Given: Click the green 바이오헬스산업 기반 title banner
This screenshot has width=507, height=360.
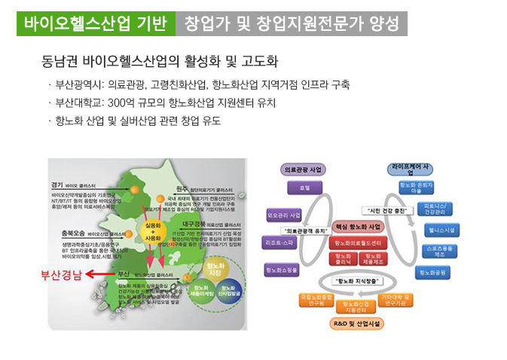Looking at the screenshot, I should [x=95, y=23].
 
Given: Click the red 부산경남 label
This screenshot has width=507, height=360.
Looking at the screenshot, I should [x=62, y=274].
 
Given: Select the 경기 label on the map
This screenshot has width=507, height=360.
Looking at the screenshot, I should [x=57, y=185].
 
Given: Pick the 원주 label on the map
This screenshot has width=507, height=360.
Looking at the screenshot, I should [x=181, y=188].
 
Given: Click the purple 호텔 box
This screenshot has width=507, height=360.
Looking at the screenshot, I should [x=304, y=188].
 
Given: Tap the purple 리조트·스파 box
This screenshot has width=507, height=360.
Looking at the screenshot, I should [x=279, y=243].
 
